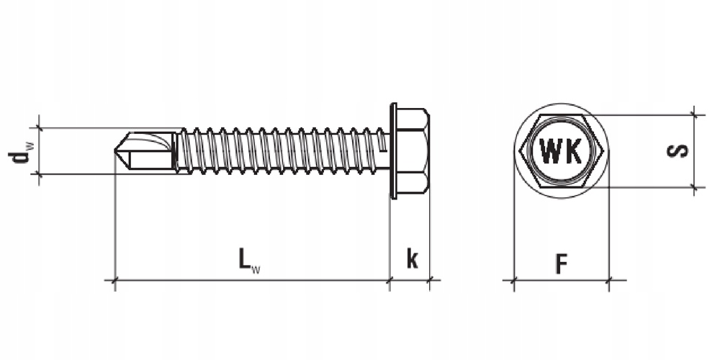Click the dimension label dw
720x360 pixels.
[21, 151]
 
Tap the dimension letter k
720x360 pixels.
[412, 258]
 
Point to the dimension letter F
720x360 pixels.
[561, 264]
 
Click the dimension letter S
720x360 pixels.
[678, 150]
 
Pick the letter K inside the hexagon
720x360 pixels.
[574, 151]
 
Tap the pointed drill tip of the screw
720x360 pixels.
[115, 150]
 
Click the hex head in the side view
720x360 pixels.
[413, 150]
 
